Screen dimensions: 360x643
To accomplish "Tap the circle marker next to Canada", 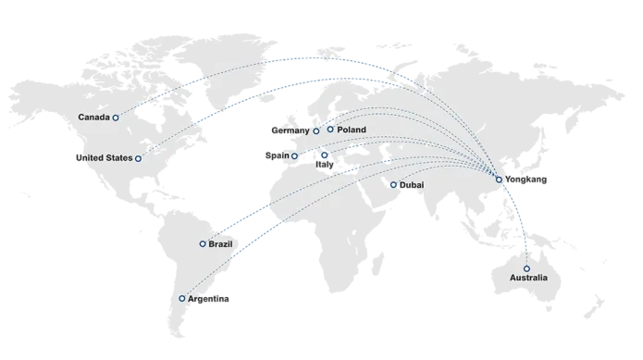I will point(116,118).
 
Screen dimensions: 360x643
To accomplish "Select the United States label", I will point(105,158).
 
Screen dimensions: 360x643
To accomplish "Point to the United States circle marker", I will point(138,158).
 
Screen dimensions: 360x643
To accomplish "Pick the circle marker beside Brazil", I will point(203,243).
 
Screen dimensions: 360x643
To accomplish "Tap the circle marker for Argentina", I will point(181,298).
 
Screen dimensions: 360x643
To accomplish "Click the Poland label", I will point(352,130).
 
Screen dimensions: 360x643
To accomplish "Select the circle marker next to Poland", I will point(330,129).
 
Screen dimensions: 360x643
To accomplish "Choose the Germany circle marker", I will point(315,131).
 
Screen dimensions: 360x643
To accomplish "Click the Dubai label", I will point(412,185).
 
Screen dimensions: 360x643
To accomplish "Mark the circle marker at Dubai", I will point(393,184).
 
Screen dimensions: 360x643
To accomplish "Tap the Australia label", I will point(528,278).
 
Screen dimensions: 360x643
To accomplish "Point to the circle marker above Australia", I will point(526,268).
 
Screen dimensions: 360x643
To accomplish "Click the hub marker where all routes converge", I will point(499,180).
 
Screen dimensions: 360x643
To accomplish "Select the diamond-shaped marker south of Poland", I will point(324,155).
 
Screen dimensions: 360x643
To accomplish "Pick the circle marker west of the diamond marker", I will point(295,155).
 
